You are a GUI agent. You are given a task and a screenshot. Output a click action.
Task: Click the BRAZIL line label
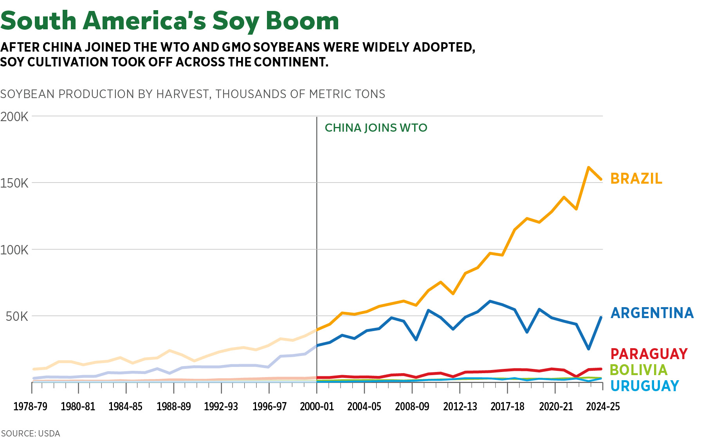(636, 179)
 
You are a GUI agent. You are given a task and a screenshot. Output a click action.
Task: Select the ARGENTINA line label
(652, 313)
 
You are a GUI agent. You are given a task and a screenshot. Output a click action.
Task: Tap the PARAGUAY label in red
(649, 354)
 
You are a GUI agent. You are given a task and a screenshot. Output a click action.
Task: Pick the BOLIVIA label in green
(638, 370)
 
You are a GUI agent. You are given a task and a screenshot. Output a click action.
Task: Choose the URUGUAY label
(644, 386)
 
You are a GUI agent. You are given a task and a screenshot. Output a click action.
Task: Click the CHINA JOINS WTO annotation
(376, 128)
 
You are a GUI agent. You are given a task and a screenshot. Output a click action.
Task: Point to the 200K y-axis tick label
(14, 116)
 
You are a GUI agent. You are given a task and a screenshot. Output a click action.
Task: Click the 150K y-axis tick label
(14, 183)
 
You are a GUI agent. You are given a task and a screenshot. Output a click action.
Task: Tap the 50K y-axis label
(17, 316)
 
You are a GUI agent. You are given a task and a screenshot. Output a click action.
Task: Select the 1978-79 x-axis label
(30, 406)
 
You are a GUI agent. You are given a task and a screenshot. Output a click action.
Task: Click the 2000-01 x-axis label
(317, 406)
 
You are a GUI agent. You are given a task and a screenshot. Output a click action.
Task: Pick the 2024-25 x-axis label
(603, 406)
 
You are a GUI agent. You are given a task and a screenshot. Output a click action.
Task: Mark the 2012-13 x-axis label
(460, 406)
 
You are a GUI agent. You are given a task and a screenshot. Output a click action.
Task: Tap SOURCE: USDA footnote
(31, 433)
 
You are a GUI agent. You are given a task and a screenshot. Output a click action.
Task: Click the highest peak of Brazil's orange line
(588, 167)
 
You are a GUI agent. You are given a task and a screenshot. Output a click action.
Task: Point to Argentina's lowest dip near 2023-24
(588, 348)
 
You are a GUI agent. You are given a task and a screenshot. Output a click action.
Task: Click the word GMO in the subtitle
(236, 47)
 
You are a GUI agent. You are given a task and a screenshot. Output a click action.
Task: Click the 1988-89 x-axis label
(173, 406)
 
